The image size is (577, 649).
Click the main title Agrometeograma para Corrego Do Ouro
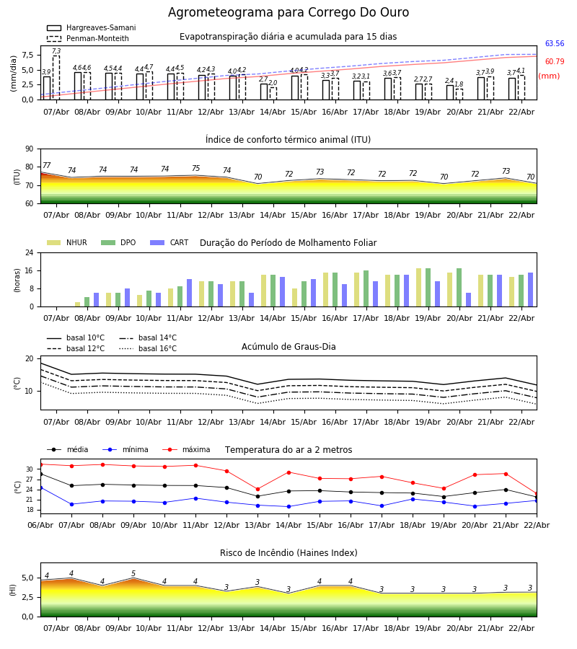click(288, 13)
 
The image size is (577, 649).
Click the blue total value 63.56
click(554, 44)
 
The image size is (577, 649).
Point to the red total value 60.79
click(554, 62)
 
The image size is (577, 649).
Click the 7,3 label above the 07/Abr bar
click(56, 52)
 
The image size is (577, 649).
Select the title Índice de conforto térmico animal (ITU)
click(288, 140)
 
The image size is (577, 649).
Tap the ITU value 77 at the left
click(46, 166)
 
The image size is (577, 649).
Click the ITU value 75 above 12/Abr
click(195, 169)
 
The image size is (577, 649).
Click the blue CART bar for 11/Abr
click(190, 293)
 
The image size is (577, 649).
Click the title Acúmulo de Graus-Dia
click(288, 347)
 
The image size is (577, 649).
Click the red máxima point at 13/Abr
click(257, 489)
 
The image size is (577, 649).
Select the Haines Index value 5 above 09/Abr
click(133, 575)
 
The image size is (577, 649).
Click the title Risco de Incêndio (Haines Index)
click(288, 553)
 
